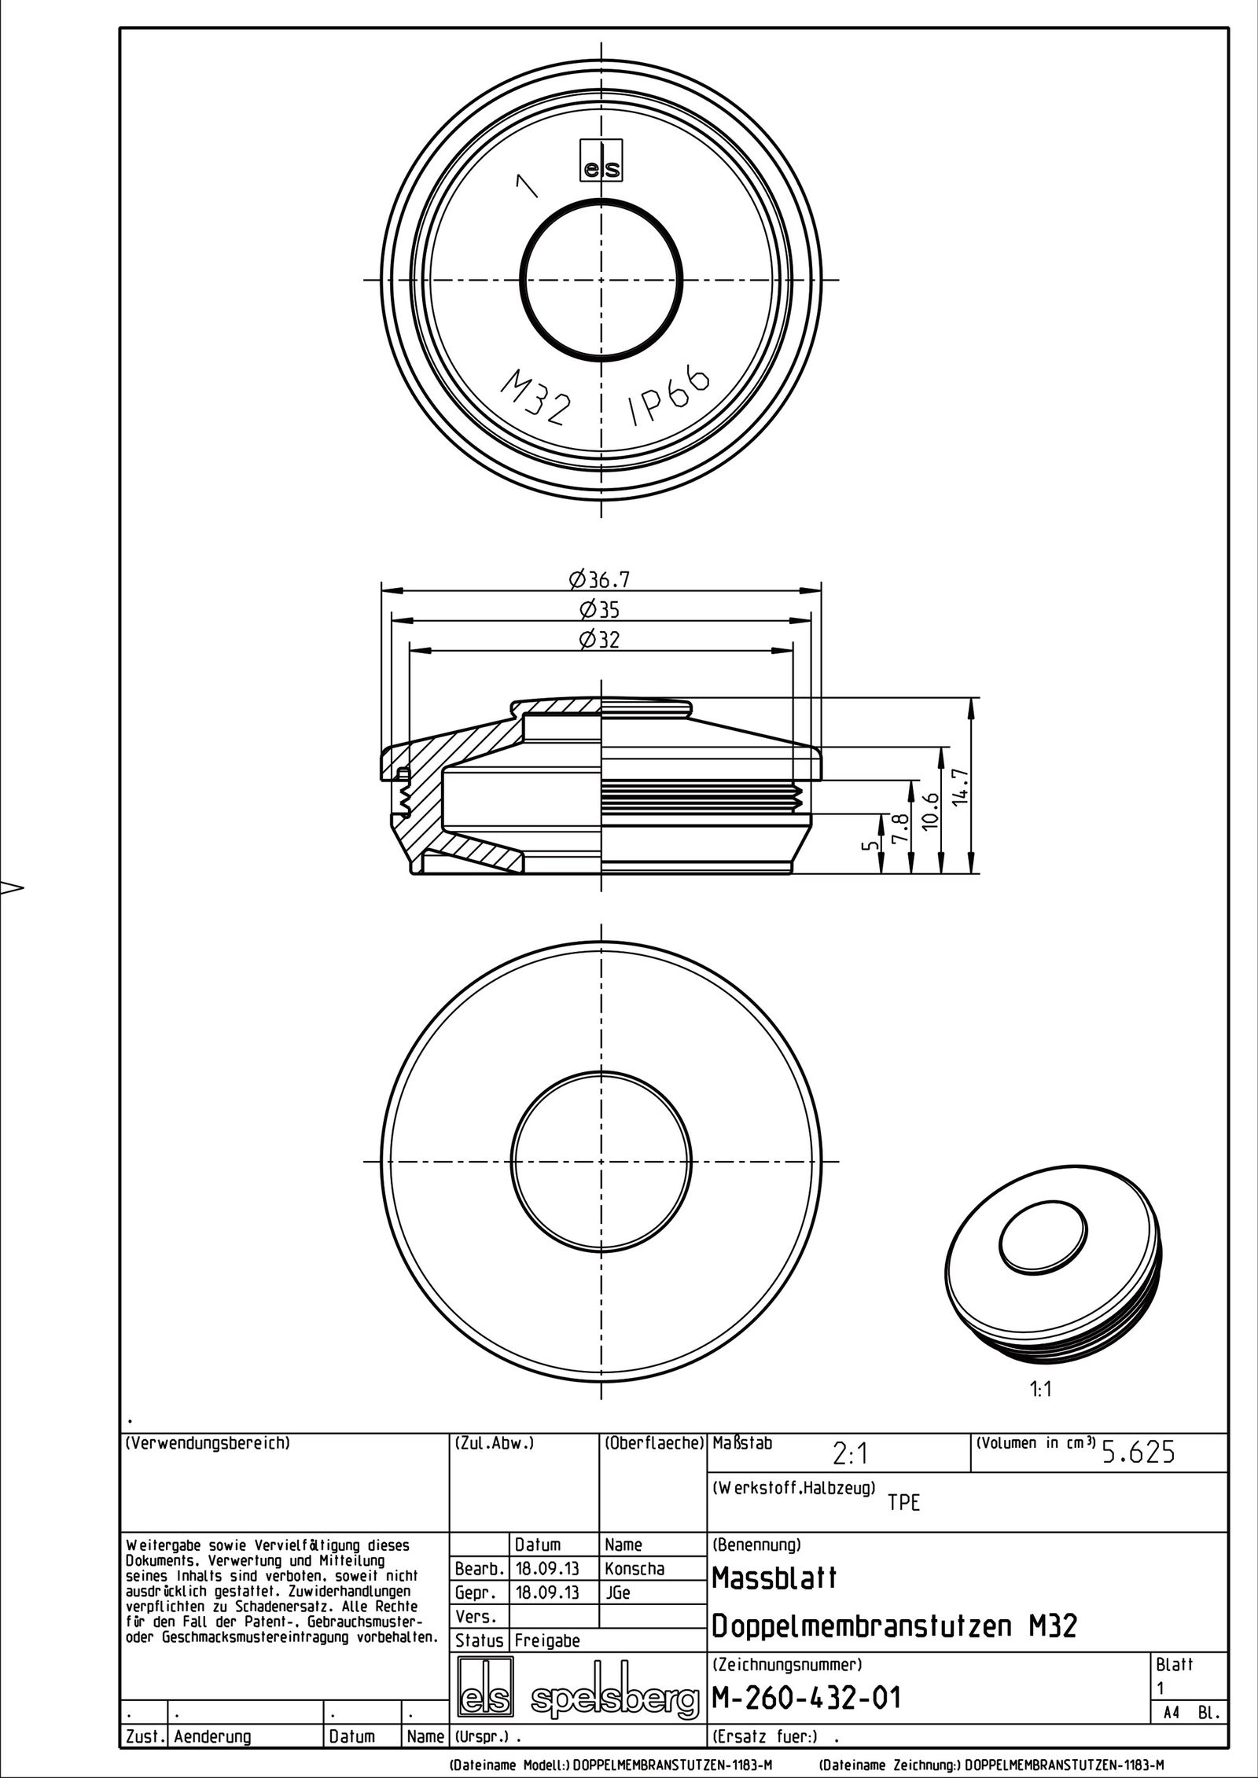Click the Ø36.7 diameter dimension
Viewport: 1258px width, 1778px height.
[600, 580]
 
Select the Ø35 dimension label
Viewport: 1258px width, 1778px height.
[600, 610]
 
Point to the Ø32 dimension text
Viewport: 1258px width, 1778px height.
[600, 640]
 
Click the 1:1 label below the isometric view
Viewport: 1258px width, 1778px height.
[1040, 1389]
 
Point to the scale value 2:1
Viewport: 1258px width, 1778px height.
[850, 1455]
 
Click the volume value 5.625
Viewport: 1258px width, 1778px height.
[1138, 1453]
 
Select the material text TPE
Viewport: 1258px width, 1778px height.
[903, 1503]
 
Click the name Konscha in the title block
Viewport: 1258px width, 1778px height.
[634, 1568]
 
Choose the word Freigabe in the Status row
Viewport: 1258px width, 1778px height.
[546, 1640]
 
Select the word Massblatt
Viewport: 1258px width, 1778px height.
[774, 1578]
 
